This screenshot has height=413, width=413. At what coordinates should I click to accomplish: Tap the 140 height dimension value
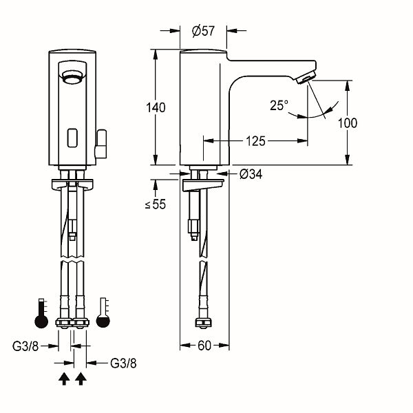156,107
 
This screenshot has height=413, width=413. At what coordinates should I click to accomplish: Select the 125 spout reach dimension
255,141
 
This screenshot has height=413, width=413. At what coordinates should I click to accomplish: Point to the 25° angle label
279,105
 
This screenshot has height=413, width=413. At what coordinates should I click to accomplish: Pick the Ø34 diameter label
251,175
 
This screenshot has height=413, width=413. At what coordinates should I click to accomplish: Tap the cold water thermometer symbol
104,314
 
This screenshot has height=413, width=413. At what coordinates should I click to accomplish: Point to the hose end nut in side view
203,323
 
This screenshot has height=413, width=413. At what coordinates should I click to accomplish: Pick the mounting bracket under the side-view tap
203,185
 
